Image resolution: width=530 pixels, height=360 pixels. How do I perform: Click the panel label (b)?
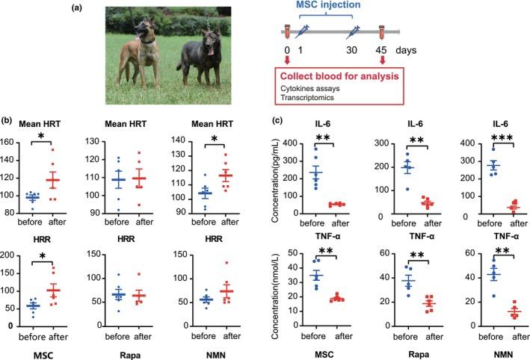[x=8, y=120]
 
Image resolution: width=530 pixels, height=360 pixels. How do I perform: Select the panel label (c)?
[x=277, y=120]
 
